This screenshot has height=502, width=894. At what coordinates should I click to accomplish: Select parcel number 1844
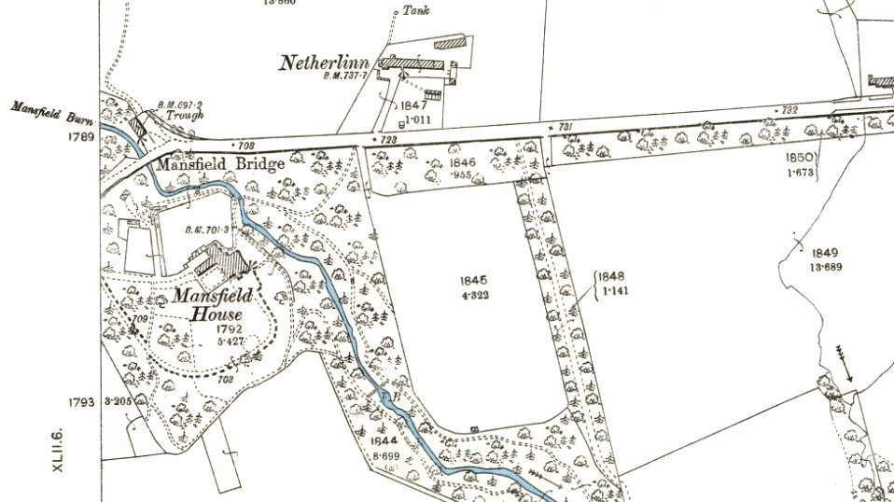(383, 439)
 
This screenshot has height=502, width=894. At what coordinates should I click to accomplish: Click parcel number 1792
(229, 329)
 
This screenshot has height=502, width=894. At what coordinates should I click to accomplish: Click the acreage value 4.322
(474, 296)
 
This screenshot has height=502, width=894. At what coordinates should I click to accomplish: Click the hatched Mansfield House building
(221, 261)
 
